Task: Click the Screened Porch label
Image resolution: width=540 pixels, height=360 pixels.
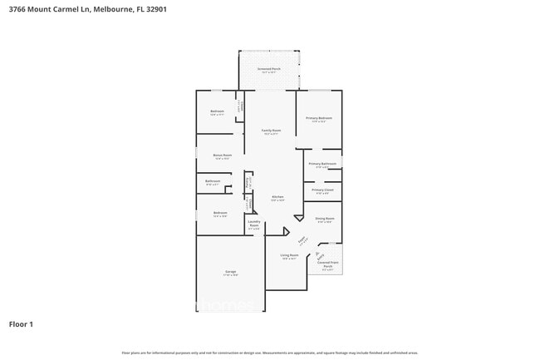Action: coord(269,69)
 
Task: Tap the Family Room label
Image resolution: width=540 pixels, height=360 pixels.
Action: coord(272,131)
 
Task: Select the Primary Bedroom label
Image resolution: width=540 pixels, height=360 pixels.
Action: coord(319,118)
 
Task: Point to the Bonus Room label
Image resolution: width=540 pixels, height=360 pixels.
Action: coord(222,155)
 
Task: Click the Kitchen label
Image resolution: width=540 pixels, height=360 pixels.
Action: coord(277,197)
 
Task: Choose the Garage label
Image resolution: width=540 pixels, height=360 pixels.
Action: coord(230,272)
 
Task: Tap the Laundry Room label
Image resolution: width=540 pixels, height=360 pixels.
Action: coord(254,224)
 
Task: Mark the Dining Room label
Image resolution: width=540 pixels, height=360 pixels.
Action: coord(324,219)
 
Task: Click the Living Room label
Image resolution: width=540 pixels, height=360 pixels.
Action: coord(289,255)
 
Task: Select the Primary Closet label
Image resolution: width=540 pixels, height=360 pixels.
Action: coord(323,190)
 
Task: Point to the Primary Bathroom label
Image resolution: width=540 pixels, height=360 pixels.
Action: coord(322,164)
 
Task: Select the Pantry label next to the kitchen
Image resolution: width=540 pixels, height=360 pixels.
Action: coord(247,184)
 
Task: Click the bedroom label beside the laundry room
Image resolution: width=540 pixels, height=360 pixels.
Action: coord(220,213)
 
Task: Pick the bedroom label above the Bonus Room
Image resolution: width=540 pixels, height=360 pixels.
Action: coord(217,111)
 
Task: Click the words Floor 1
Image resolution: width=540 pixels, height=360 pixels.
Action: coord(21,323)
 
